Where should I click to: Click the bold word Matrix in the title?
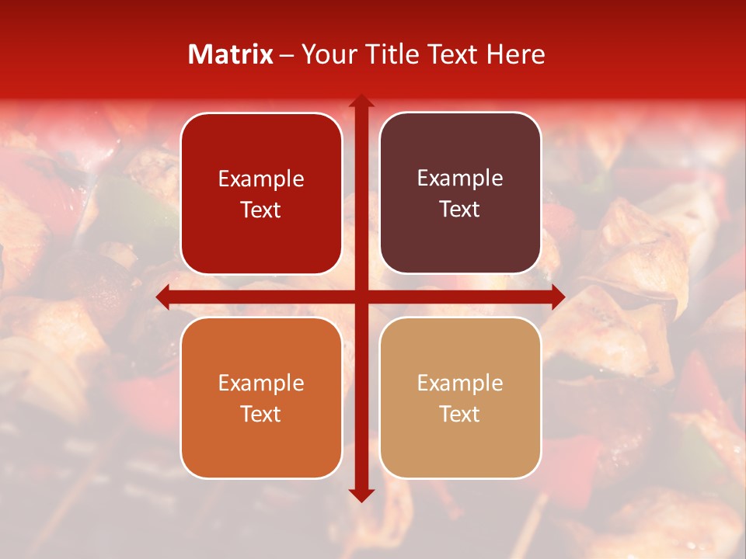[x=231, y=54]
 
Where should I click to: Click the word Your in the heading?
[x=326, y=54]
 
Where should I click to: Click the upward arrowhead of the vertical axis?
[x=361, y=102]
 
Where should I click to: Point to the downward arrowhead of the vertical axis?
[x=361, y=494]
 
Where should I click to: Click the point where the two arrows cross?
[x=361, y=297]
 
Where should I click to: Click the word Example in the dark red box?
[x=261, y=179]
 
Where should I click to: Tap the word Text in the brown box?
[x=460, y=210]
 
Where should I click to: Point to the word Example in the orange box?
[x=261, y=384]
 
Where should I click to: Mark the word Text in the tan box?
[x=460, y=414]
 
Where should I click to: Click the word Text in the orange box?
[x=261, y=414]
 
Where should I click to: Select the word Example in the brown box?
[x=460, y=179]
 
